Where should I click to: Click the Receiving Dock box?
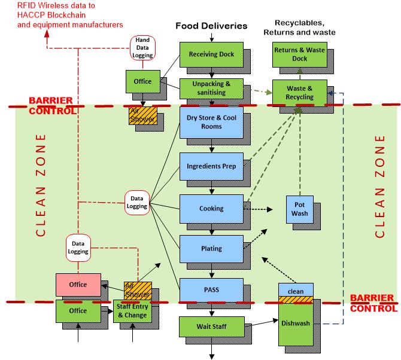coord(211,54)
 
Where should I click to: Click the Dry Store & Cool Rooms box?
coord(211,122)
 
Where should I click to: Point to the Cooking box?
coord(211,209)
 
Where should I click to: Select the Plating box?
coord(211,248)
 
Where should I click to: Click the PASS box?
coord(211,290)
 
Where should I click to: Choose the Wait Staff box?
coord(211,327)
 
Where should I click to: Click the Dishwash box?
coord(295,322)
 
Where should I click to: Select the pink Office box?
coord(78,285)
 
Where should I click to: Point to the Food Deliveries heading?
coord(211,26)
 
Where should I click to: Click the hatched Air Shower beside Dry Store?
coord(142,115)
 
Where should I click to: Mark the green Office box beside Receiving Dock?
coord(142,81)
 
